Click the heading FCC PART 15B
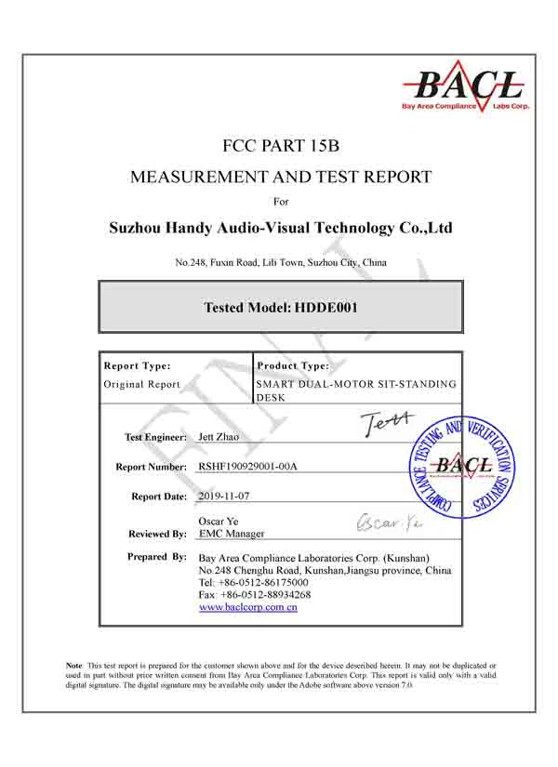(279, 145)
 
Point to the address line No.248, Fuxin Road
(280, 263)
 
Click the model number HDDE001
(326, 307)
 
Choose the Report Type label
(137, 366)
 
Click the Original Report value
(142, 384)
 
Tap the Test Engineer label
(155, 436)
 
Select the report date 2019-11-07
(224, 496)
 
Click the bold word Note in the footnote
(74, 666)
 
